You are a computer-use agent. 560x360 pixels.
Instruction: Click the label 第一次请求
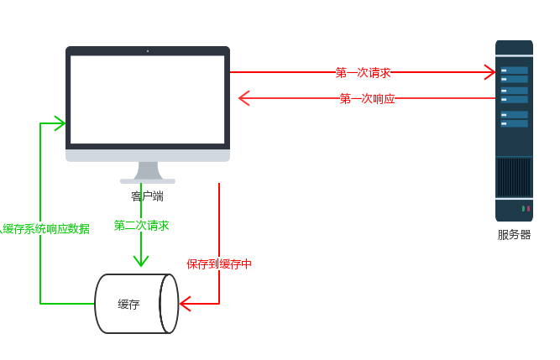tap(364, 73)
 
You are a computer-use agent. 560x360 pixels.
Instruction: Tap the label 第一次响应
tap(367, 99)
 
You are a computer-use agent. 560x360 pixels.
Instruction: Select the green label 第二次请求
tap(142, 226)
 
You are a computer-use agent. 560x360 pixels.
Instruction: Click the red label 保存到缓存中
tap(219, 264)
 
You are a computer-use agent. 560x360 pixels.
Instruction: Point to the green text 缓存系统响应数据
tap(45, 229)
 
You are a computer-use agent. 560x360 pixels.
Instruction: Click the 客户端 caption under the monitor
tap(147, 196)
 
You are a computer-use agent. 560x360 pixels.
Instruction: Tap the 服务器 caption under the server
tap(514, 235)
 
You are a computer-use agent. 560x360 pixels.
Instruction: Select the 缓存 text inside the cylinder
tap(128, 304)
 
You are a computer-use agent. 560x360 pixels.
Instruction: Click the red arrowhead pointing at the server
tap(489, 73)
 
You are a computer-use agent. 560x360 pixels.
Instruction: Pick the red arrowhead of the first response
tap(243, 99)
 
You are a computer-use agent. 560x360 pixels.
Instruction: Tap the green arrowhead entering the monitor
tap(60, 124)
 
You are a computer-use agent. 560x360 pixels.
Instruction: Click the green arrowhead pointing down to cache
tap(141, 261)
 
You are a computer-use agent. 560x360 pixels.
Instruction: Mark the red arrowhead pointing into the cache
tap(186, 304)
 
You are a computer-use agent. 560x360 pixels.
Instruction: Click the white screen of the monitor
tap(147, 99)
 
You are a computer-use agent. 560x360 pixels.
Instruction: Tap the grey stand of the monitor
tap(148, 171)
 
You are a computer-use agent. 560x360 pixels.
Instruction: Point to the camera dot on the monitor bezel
tap(148, 51)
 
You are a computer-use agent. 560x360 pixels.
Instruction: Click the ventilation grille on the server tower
tap(514, 177)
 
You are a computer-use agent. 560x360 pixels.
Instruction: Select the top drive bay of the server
tap(514, 70)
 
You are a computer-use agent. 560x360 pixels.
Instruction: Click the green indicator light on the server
tap(523, 208)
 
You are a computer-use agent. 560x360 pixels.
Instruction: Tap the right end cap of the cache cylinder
tap(170, 304)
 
